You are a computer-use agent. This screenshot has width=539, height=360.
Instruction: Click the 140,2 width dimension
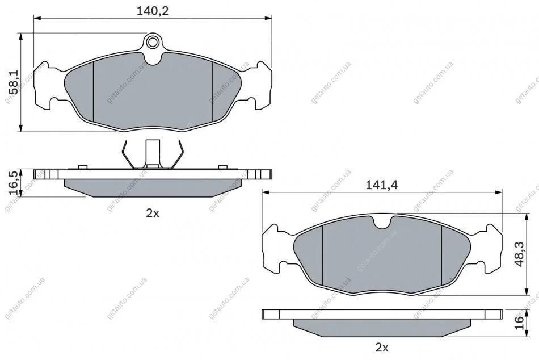tap(153, 11)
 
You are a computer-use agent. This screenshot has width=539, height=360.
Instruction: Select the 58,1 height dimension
tap(14, 82)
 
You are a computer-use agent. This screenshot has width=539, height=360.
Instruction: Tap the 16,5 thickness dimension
tap(14, 183)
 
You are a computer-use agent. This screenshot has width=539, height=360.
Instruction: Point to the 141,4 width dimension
tap(381, 185)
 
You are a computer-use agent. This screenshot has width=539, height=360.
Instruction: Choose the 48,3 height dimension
tap(519, 254)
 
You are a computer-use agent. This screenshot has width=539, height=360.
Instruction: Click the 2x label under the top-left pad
tap(153, 214)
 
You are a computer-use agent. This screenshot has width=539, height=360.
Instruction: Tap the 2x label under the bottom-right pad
tap(382, 348)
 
